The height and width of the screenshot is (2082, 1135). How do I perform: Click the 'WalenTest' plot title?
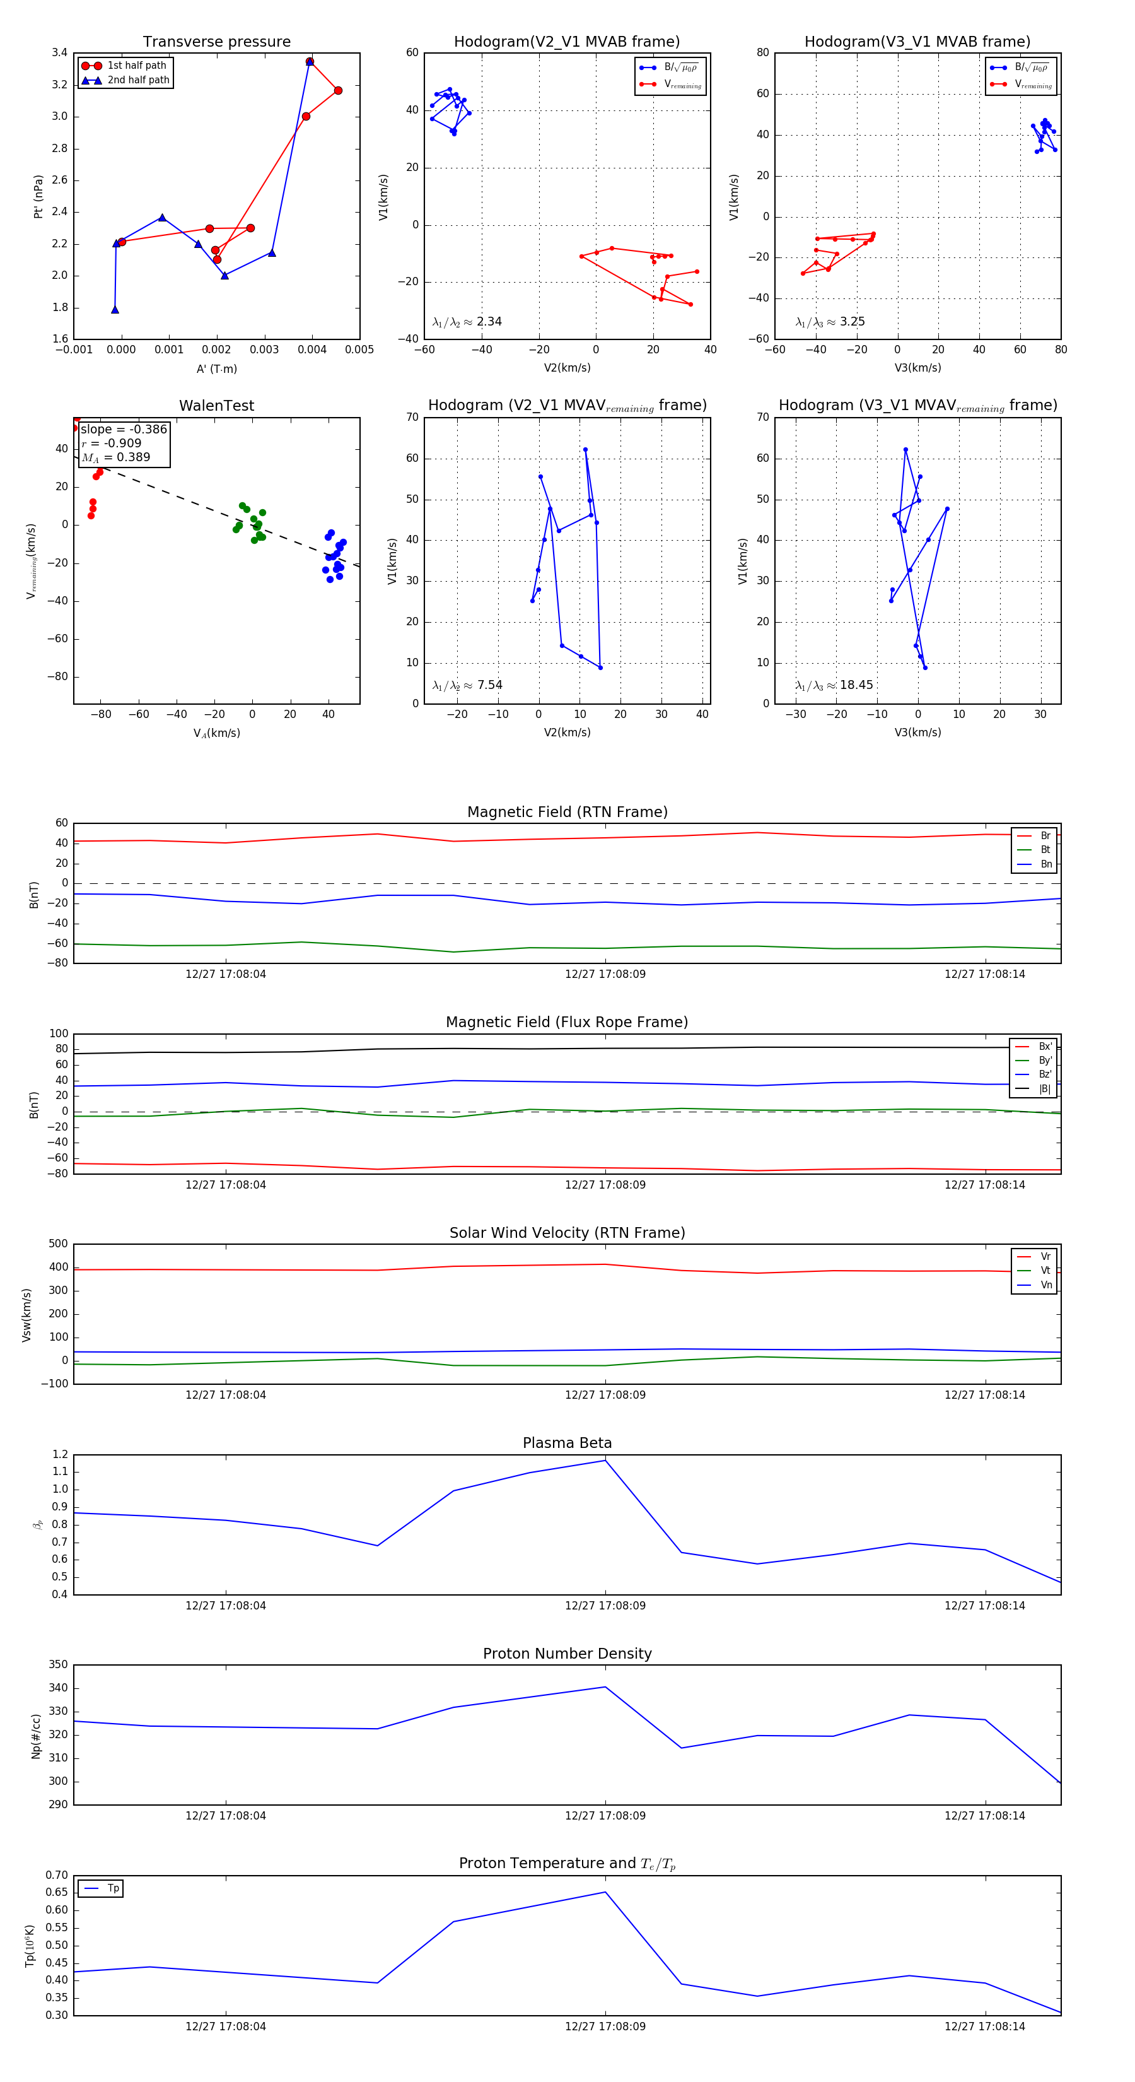coord(216,406)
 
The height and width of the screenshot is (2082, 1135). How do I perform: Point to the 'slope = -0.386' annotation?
coord(124,429)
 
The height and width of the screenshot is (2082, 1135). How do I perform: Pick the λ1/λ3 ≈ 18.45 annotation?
coord(834,685)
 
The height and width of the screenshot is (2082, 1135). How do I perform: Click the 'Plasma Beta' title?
coord(567,1443)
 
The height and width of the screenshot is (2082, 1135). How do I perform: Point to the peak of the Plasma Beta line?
coord(605,1460)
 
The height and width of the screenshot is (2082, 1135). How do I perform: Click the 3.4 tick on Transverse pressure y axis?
coord(59,52)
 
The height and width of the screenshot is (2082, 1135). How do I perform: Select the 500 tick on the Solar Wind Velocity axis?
coord(58,1244)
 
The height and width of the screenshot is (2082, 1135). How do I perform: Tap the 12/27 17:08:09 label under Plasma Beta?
coord(605,1605)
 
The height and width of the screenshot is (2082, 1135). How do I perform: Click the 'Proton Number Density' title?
coord(567,1654)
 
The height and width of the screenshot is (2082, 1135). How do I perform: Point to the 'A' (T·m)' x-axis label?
coord(216,368)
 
